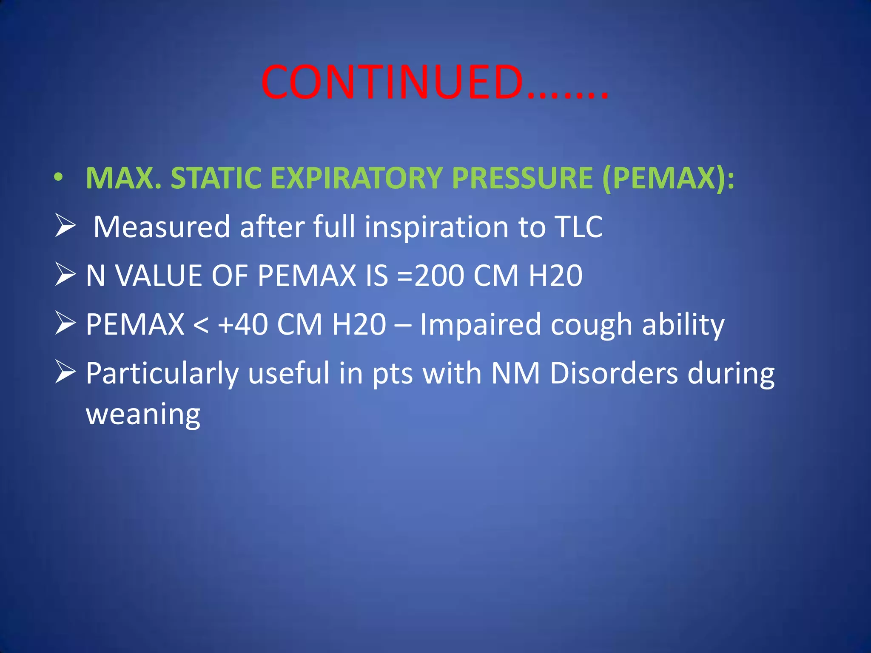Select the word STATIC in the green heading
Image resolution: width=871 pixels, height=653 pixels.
click(216, 178)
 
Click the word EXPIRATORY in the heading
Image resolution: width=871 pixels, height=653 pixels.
click(356, 178)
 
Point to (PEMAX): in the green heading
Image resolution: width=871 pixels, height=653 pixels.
click(668, 179)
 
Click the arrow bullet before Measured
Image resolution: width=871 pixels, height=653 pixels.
click(65, 226)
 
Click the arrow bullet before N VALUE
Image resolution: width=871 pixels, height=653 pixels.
click(65, 275)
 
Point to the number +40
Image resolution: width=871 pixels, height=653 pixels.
click(243, 324)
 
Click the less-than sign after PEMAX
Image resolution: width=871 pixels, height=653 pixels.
click(201, 325)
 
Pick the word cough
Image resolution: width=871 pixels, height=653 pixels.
click(592, 325)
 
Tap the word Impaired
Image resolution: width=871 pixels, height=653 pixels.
click(480, 325)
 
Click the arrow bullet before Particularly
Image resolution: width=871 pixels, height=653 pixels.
click(65, 372)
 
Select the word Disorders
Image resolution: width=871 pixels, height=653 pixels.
click(614, 373)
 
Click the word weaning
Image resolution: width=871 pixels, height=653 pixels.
click(143, 415)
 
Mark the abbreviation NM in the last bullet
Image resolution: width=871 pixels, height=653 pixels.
click(516, 373)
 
